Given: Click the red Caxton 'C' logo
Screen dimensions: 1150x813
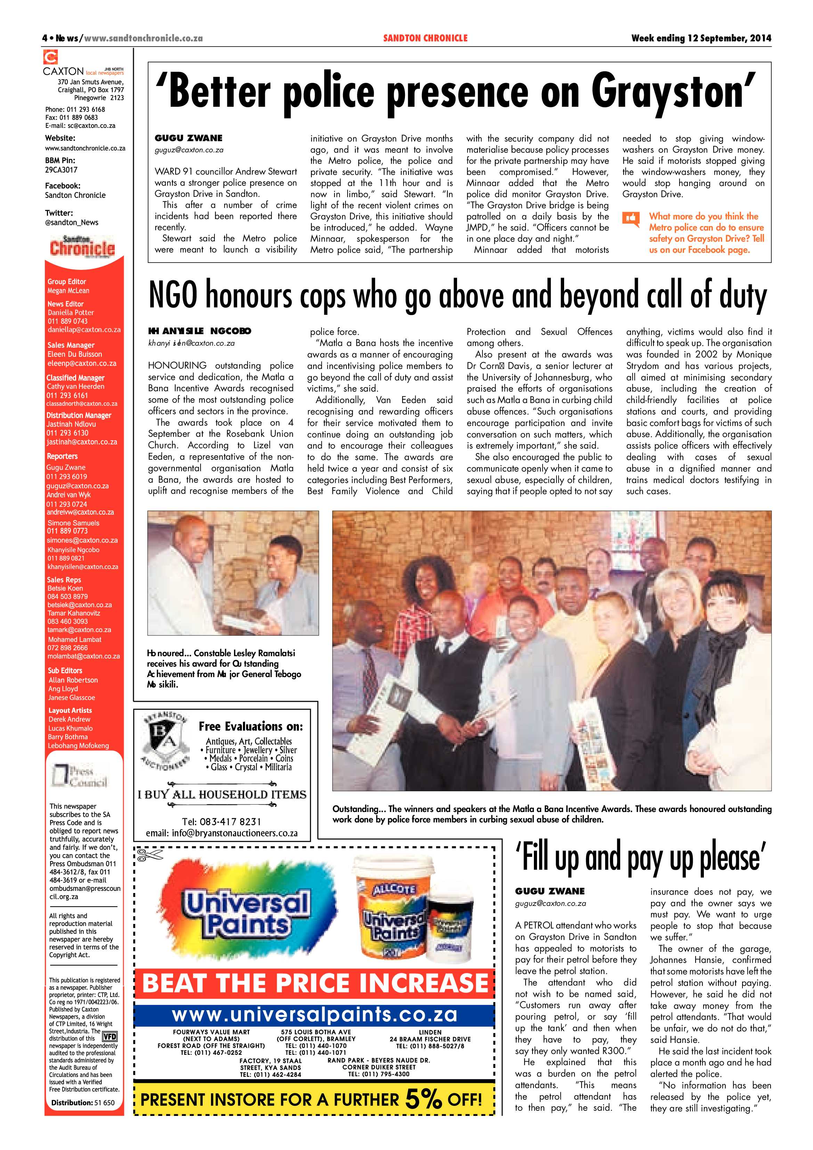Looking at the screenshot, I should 50,57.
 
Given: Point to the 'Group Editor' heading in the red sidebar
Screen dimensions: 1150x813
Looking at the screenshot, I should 67,281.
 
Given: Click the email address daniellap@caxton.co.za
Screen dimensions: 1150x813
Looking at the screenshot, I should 84,330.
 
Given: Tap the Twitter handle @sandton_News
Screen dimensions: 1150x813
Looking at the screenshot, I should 72,223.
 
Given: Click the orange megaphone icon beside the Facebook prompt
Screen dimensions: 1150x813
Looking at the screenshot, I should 631,219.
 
